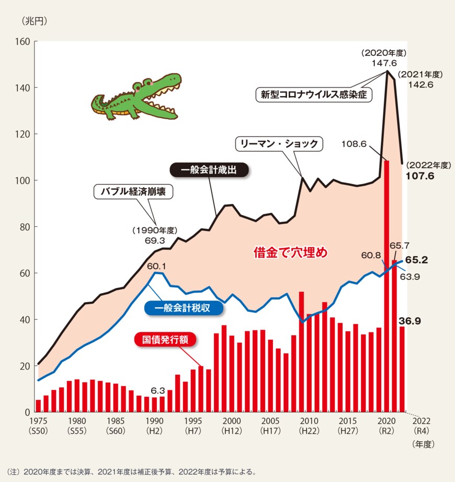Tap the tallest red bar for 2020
[x=386, y=288]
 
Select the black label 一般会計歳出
[x=209, y=170]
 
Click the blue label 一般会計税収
[x=183, y=308]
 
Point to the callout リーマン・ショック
[x=279, y=143]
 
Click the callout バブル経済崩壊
[x=133, y=192]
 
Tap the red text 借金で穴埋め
[x=290, y=253]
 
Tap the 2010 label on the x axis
[x=309, y=421]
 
